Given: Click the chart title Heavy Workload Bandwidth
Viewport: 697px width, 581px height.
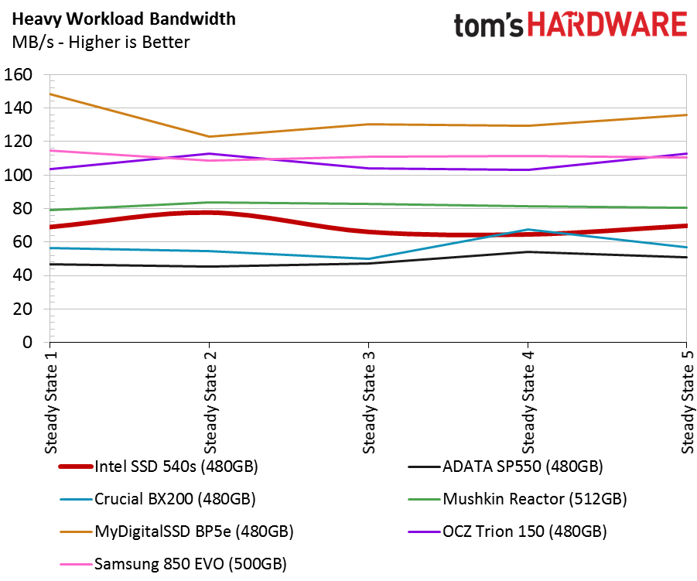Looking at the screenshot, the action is (x=124, y=19).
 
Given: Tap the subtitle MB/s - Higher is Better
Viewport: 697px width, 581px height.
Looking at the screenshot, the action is (x=101, y=43).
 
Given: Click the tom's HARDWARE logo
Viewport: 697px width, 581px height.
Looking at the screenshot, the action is (x=571, y=24).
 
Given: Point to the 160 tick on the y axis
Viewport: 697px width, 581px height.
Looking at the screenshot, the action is (x=19, y=74).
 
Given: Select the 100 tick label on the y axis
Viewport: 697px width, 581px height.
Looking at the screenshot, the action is (x=19, y=175).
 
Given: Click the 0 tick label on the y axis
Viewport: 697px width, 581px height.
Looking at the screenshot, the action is (x=28, y=342).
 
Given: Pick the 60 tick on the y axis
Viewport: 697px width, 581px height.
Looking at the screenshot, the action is (x=22, y=242).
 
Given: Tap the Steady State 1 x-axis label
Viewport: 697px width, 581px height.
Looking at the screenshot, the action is (x=51, y=402).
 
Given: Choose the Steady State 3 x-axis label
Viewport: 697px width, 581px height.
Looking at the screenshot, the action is (x=369, y=402).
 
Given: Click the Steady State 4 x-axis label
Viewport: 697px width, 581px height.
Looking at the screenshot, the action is (x=528, y=402).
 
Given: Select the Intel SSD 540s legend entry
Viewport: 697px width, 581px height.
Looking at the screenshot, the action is (x=159, y=467).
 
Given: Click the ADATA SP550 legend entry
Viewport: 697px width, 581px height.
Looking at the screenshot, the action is (x=505, y=467).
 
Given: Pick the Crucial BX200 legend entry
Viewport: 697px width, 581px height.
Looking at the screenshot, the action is (x=158, y=499).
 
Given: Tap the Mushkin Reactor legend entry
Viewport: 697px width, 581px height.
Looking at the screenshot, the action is (x=518, y=499).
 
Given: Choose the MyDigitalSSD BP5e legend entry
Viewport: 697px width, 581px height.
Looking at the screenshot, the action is (x=176, y=531).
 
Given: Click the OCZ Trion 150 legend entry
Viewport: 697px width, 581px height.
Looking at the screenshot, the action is (x=507, y=531).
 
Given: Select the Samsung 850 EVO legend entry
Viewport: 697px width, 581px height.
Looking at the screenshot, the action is (x=173, y=564).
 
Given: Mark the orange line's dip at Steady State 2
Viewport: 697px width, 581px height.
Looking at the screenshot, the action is (x=210, y=136).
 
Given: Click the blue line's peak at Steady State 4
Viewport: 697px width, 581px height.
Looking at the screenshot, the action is (x=528, y=230).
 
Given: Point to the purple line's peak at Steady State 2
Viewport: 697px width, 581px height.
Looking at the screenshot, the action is (x=210, y=154).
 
